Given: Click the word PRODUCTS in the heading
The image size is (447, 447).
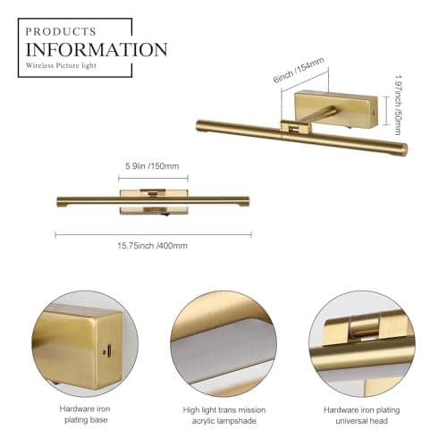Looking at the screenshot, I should [61, 31].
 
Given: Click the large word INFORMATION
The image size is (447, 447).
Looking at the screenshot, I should [96, 49].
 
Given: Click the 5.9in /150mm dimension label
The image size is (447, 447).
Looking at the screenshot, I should [152, 166].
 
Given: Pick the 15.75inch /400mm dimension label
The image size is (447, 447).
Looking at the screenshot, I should [152, 246].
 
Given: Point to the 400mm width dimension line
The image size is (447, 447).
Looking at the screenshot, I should [152, 234].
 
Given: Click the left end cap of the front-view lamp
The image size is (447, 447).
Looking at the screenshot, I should [59, 200].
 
